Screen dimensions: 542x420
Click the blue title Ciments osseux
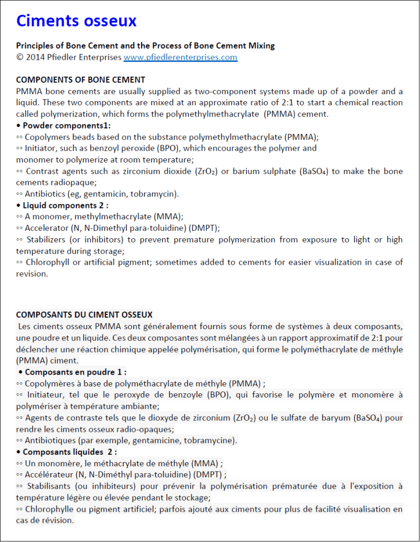(x=76, y=21)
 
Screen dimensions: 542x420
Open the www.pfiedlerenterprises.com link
(x=180, y=57)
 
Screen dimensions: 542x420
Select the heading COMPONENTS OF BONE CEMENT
(x=81, y=80)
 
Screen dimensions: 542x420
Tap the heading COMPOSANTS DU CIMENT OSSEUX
(x=84, y=314)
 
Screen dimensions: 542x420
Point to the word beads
(x=75, y=137)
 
